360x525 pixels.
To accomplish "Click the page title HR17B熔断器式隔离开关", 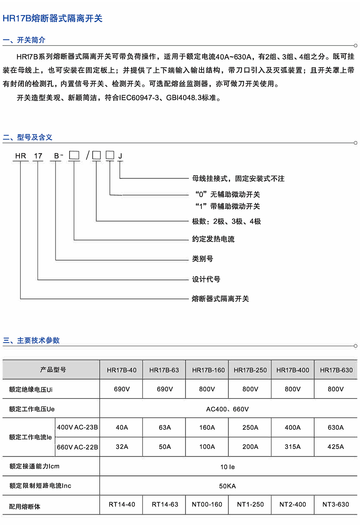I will coord(52,19).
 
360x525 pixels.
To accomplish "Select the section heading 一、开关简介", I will coord(24,40).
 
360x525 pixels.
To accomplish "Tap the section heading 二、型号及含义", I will coord(28,137).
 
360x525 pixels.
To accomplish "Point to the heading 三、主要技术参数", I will coord(31,340).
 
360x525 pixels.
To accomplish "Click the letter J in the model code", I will coord(120,156).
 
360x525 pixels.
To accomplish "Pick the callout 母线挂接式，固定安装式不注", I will coord(238,179).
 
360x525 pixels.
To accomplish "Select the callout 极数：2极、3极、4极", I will coord(226,221).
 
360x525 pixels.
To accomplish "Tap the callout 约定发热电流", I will coord(213,239).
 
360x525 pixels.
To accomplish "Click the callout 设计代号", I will coord(206,279).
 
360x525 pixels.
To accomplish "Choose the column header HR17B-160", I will coord(208,370).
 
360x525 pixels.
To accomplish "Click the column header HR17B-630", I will coord(336,370).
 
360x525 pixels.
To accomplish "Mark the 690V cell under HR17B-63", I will coord(165,389).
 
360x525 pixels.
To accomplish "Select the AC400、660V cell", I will coord(227,409).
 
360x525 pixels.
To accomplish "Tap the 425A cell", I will coord(336,447).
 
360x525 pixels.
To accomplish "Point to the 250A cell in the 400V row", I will coord(250,427).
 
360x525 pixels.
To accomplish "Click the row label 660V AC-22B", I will coord(77,447).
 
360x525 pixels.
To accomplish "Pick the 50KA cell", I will coord(227,486).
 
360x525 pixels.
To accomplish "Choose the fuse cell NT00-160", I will coord(207,505).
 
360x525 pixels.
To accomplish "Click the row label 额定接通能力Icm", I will coord(34,466).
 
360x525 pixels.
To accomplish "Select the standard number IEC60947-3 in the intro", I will coord(139,98).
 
